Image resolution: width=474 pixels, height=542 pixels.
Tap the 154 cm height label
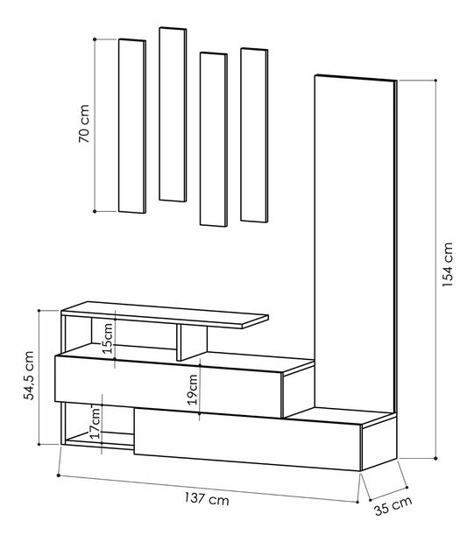tap(448, 264)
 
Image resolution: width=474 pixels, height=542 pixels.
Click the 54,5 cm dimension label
tap(29, 377)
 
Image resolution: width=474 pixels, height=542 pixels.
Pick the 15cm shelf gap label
tap(107, 337)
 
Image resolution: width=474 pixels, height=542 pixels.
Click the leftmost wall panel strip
tap(131, 125)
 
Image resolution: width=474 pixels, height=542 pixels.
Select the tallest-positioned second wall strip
tap(172, 114)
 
